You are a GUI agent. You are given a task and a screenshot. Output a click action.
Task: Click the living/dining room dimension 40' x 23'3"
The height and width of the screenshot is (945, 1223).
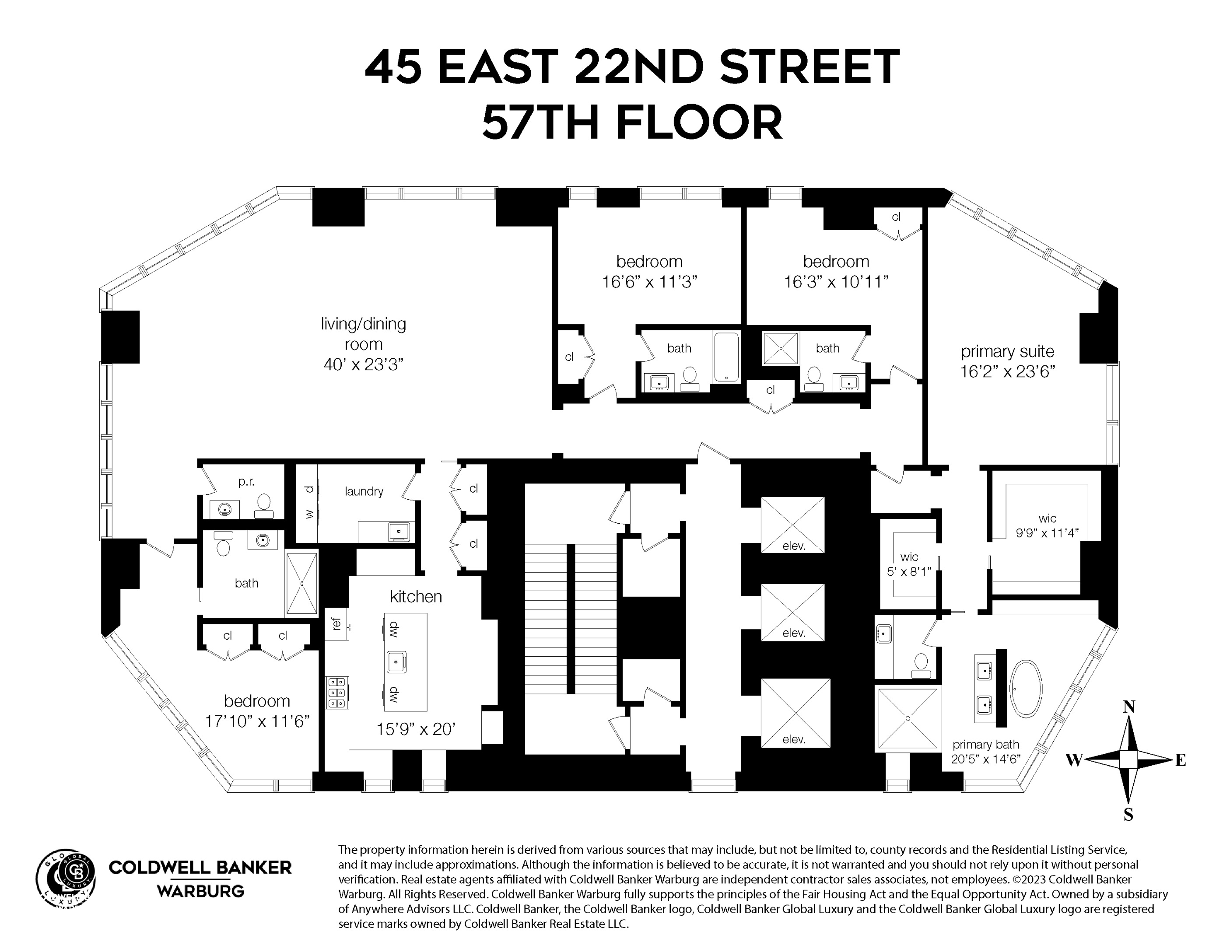pos(364,364)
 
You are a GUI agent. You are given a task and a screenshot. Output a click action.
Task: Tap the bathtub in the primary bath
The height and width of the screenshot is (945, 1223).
pos(1026,689)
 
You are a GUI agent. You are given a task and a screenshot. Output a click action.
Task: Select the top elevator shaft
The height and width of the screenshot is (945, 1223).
pos(792,525)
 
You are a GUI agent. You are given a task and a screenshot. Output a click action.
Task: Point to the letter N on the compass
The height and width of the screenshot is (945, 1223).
pos(1129,707)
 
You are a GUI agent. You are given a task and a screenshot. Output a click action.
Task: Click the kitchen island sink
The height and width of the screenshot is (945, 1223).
pos(396,662)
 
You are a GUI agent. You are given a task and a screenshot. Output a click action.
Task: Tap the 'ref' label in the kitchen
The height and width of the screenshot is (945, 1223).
pos(336,623)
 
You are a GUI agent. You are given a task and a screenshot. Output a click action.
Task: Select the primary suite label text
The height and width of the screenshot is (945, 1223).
pos(1007,352)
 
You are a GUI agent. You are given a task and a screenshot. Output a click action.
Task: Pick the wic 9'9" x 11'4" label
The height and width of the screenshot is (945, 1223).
pos(1047,526)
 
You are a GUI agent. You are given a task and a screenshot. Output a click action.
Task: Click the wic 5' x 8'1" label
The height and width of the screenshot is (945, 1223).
pos(909,564)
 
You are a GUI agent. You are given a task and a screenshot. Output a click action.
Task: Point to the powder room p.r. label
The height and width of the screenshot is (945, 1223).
pos(246,481)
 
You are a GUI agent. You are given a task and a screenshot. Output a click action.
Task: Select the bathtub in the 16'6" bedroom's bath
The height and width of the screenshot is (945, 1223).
pos(726,356)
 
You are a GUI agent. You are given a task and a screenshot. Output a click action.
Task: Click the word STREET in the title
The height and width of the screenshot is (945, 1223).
pos(809,67)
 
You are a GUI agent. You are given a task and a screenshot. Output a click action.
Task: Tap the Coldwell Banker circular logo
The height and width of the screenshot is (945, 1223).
pos(66,876)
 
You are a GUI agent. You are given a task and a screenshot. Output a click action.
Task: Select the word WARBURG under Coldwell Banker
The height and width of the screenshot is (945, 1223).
pos(200,891)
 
